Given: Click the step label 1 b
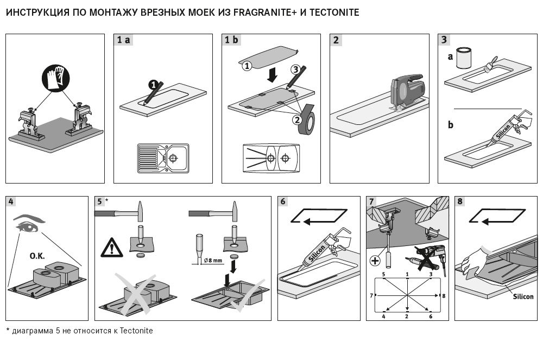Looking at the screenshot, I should tap(232, 40).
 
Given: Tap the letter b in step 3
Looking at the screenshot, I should tap(451, 124).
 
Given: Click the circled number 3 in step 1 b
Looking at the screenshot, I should tap(295, 70).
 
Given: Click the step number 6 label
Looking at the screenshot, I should tap(283, 202).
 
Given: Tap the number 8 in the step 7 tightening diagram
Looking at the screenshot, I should tap(443, 295).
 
